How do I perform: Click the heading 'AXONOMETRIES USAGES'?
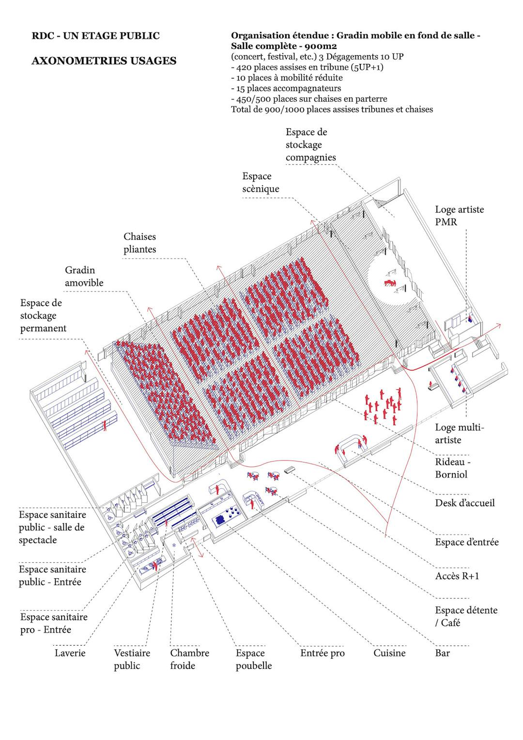pos(104,61)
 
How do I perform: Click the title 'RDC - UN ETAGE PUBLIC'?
pos(95,36)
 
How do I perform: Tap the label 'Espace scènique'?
pos(261,183)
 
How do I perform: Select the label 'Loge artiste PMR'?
pos(459,216)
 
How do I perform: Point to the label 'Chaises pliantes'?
pos(139,243)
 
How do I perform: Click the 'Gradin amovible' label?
pos(84,276)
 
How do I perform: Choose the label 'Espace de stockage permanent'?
pos(43,315)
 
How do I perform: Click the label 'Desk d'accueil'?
pos(464,503)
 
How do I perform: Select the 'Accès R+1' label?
pos(457,576)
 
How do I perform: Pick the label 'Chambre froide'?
pos(189,659)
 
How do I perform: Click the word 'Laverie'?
pos(70,653)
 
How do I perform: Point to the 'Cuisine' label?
pos(389,653)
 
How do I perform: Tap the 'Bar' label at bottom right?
pos(442,653)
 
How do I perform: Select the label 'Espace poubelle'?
pos(254,659)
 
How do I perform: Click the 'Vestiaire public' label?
pos(132,659)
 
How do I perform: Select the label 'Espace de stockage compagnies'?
pos(310,145)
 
